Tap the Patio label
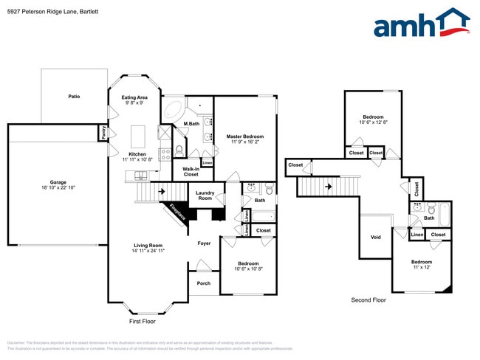pyautogui.click(x=74, y=97)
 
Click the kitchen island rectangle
pyautogui.click(x=137, y=136)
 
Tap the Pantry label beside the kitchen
pyautogui.click(x=103, y=133)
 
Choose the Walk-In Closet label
pyautogui.click(x=191, y=172)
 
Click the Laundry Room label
pyautogui.click(x=205, y=195)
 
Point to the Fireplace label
pyautogui.click(x=176, y=212)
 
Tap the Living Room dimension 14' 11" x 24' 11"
pyautogui.click(x=148, y=252)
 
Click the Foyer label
pyautogui.click(x=204, y=243)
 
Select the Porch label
pyautogui.click(x=203, y=283)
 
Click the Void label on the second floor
pyautogui.click(x=375, y=238)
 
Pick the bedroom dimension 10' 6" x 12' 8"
pyautogui.click(x=373, y=122)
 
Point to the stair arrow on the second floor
pyautogui.click(x=326, y=187)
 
